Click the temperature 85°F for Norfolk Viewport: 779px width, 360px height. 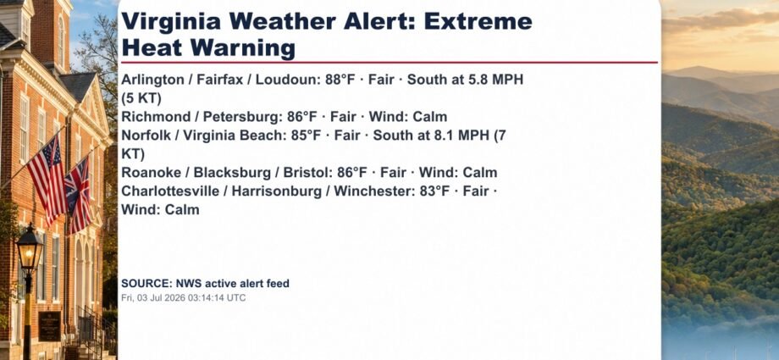[307, 136]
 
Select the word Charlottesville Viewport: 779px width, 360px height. [168, 191]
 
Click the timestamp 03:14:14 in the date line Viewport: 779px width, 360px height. [205, 298]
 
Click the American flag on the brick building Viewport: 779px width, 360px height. [47, 179]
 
